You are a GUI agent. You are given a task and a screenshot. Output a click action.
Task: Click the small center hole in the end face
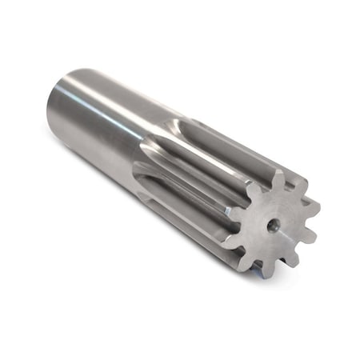pos(273,226)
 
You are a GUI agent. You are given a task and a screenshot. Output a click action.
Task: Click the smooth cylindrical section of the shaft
pos(104,120)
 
